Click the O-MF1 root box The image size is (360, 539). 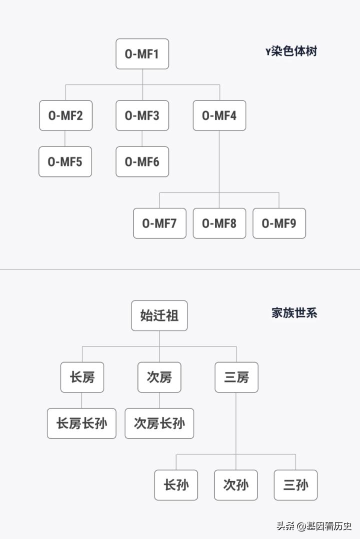[x=142, y=54]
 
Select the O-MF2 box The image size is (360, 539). [x=65, y=115]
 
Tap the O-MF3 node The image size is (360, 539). [x=142, y=115]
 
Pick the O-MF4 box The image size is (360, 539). [x=219, y=115]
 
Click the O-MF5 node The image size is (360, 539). [x=65, y=161]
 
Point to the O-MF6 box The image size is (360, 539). [x=142, y=161]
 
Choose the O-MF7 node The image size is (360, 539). [x=159, y=223]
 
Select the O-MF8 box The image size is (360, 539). [x=219, y=223]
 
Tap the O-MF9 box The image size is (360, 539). [x=279, y=223]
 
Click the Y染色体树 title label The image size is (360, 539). [x=291, y=51]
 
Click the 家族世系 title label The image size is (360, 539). [x=294, y=313]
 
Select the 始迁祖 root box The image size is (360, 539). [x=159, y=315]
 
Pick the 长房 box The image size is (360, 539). [x=82, y=377]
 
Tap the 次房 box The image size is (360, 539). [x=159, y=377]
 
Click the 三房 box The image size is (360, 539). [x=236, y=377]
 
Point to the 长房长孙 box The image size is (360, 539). [x=81, y=423]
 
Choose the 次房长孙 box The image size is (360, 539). [x=159, y=423]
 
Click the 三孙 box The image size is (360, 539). [x=295, y=485]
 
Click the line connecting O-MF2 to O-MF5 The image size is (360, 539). [x=65, y=138]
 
